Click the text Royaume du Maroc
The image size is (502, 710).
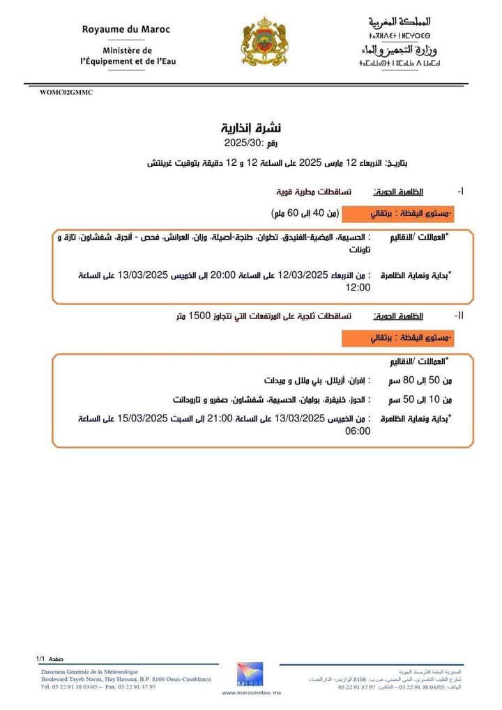(125, 29)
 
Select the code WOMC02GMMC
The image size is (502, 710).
(66, 92)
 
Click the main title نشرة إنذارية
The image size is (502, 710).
(250, 128)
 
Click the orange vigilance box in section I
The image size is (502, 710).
(397, 212)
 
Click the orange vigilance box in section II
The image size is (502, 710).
(397, 338)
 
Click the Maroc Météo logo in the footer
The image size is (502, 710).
(250, 674)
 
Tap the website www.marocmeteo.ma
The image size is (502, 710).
(250, 693)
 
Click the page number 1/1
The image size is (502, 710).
(40, 658)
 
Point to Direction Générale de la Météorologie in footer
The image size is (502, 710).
(89, 670)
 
